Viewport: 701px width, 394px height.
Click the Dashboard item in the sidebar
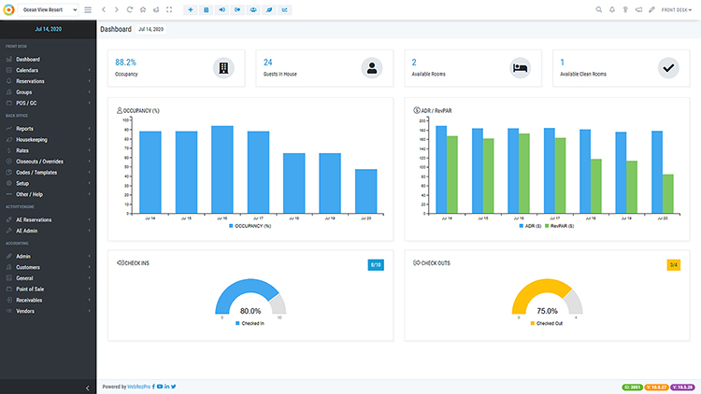point(28,60)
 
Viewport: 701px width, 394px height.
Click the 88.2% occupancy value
point(126,62)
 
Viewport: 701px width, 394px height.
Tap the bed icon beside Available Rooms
point(521,67)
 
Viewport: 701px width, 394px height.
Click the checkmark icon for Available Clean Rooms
point(667,67)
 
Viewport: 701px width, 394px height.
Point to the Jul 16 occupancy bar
point(222,169)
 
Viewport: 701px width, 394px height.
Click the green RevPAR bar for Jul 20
point(668,193)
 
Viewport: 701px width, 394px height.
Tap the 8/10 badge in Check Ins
point(376,265)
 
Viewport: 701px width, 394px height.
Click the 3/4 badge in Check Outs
point(673,265)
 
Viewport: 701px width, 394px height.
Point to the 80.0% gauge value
point(250,311)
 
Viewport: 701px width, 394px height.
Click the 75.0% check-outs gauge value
point(548,311)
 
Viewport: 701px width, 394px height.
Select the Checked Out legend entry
point(548,323)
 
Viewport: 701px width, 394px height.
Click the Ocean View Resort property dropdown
point(49,9)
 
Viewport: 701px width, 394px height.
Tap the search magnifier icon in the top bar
point(598,9)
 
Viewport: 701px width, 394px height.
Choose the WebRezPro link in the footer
point(146,387)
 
